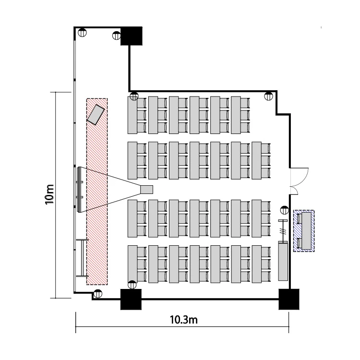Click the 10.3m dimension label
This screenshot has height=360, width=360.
(x=184, y=320)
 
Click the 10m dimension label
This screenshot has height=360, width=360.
(x=49, y=194)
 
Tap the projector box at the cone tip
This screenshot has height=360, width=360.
(x=146, y=190)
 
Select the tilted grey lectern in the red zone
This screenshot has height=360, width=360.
(x=96, y=115)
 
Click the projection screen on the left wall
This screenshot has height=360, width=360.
(x=79, y=190)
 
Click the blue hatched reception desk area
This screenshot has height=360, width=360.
(x=304, y=231)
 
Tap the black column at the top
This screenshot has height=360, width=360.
(x=132, y=36)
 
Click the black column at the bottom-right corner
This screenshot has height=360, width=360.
(x=289, y=299)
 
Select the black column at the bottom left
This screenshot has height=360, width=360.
(x=131, y=299)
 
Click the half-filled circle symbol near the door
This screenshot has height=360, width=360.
(x=285, y=210)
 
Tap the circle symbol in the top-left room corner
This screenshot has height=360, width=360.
(x=82, y=32)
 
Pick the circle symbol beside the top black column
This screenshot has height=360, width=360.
(x=117, y=36)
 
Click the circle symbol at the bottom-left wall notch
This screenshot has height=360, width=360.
(x=98, y=294)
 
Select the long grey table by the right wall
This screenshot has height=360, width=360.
(x=283, y=262)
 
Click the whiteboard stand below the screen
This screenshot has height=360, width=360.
(x=82, y=258)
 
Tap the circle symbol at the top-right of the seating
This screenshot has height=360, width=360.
(x=268, y=96)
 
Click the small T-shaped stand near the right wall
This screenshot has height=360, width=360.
(x=283, y=231)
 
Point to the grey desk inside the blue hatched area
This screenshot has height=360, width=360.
(x=306, y=231)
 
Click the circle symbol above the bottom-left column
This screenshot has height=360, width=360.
(x=132, y=285)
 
